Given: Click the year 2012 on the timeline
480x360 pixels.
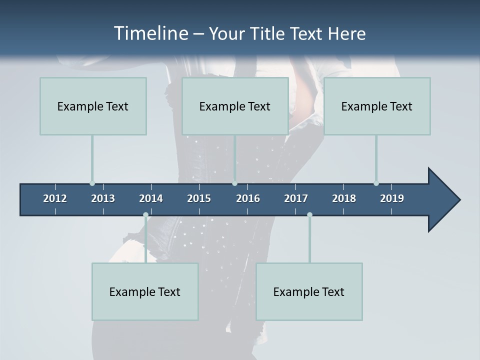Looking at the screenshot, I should (x=55, y=198).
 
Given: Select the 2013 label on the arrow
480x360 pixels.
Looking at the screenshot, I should (x=103, y=198).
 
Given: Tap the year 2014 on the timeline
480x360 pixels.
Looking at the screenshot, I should (x=151, y=198).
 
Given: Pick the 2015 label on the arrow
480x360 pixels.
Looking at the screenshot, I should (x=199, y=198).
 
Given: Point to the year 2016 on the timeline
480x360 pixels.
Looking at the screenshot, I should (x=248, y=198).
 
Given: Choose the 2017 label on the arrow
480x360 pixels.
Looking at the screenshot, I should (x=296, y=198).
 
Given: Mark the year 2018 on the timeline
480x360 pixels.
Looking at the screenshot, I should (x=344, y=198).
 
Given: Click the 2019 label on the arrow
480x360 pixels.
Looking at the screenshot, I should (x=392, y=198).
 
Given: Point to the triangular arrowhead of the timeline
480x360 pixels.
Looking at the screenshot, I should (x=443, y=200).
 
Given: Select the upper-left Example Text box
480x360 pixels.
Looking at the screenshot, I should (x=93, y=106).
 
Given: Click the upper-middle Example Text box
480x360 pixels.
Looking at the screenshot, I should (x=235, y=106).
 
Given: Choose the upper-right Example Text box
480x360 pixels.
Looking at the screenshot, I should (x=377, y=106).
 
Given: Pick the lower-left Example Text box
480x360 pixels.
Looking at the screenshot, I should (x=145, y=291).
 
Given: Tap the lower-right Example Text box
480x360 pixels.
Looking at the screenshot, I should (x=309, y=291).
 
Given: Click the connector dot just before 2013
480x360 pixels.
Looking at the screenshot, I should (x=92, y=183).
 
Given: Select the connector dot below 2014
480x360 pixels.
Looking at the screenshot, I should (x=145, y=215).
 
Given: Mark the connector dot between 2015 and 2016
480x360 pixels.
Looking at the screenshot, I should (x=234, y=183).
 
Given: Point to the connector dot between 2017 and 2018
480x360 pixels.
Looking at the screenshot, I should (x=309, y=215).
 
